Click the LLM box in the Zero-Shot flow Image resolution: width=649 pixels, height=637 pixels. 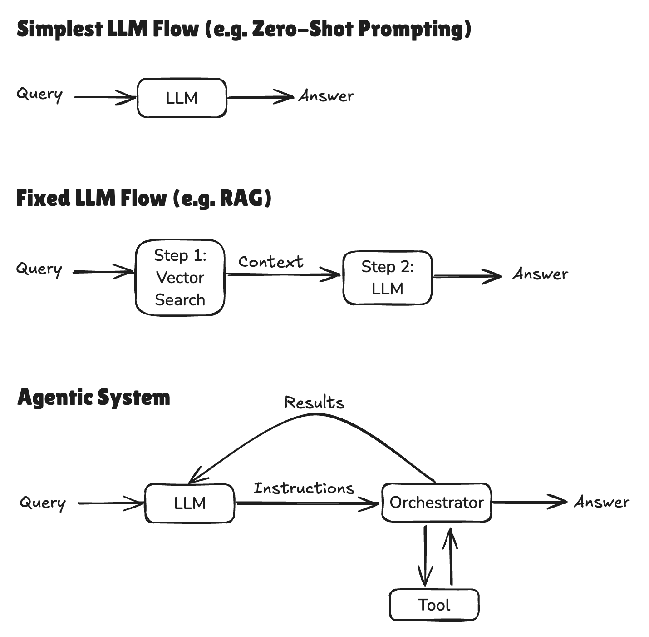tap(182, 98)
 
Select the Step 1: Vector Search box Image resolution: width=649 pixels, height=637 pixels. tap(180, 277)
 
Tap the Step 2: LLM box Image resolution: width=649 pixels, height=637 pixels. tap(387, 277)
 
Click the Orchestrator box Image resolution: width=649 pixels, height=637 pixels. tap(436, 502)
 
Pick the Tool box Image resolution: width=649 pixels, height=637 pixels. tap(434, 605)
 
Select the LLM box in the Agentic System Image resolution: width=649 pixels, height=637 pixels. tap(190, 503)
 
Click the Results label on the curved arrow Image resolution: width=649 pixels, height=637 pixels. tap(314, 403)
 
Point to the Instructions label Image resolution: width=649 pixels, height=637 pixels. tap(304, 488)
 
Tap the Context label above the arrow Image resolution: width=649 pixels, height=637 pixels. tap(271, 262)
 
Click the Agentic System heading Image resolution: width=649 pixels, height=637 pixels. tap(93, 398)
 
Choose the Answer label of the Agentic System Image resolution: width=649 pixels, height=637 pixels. tap(601, 502)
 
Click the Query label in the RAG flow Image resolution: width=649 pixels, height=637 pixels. tap(39, 269)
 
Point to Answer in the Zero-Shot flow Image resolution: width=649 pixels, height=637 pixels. tap(326, 96)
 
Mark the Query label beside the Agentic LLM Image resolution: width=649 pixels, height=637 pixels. tap(43, 503)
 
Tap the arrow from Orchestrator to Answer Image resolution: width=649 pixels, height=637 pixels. tap(529, 502)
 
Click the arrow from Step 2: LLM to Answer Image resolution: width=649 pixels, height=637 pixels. tap(467, 276)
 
